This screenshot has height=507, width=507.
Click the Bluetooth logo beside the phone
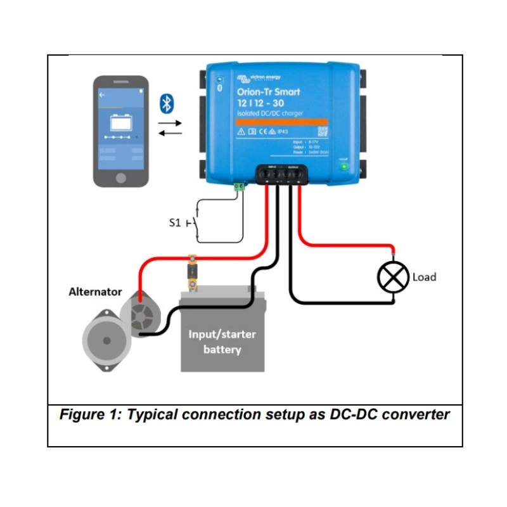coord(166,103)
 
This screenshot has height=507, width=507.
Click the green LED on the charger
coord(344,167)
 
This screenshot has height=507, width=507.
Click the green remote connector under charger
coord(240,187)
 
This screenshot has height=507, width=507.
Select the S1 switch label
coord(174,224)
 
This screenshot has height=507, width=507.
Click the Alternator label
coord(95,292)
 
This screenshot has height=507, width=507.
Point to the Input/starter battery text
coord(222,342)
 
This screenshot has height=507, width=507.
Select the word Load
coord(424,277)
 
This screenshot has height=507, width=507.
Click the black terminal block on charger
coord(282,174)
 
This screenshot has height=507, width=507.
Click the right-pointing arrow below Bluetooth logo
coord(169,121)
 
